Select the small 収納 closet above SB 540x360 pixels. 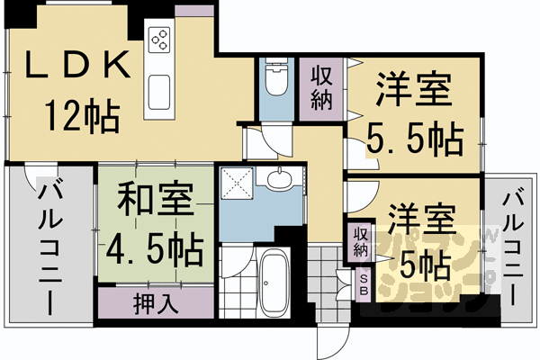click(361, 240)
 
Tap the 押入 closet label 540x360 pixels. click(155, 301)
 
